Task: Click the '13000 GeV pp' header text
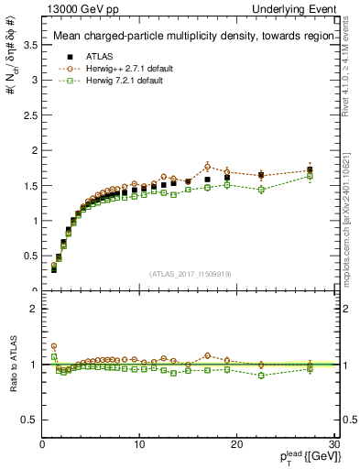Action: [x=72, y=9]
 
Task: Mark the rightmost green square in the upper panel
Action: [x=310, y=176]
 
